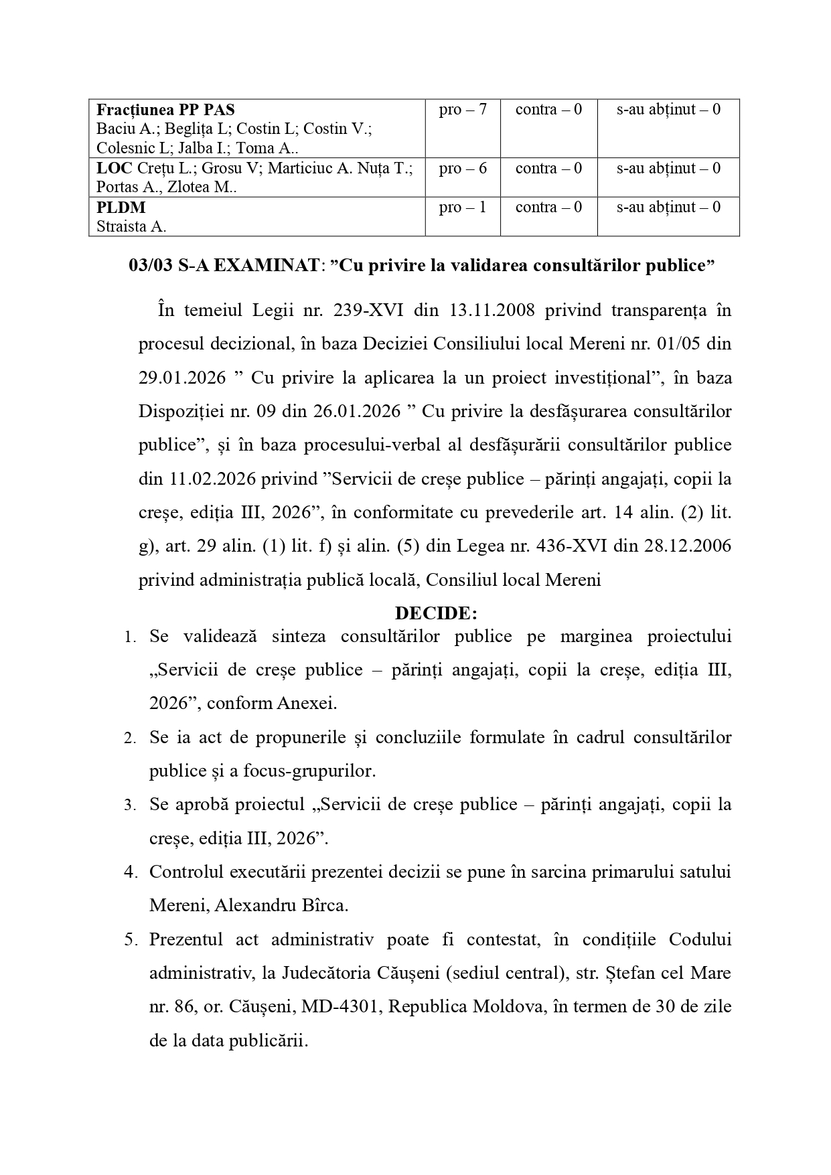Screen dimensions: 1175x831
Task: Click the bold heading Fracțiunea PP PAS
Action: point(166,110)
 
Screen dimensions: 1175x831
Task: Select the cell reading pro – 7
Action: point(463,110)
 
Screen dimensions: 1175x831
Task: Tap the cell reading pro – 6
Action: point(463,169)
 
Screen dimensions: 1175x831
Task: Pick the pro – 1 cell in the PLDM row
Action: point(463,208)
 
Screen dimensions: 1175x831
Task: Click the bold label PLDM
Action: point(121,208)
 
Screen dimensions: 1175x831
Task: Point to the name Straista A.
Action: point(131,226)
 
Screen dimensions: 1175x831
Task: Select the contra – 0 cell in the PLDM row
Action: point(548,208)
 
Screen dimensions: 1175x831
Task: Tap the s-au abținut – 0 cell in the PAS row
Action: point(668,110)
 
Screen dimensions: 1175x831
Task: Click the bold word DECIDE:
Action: point(436,613)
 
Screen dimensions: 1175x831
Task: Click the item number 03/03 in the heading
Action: point(150,266)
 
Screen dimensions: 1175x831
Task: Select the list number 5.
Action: point(130,939)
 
